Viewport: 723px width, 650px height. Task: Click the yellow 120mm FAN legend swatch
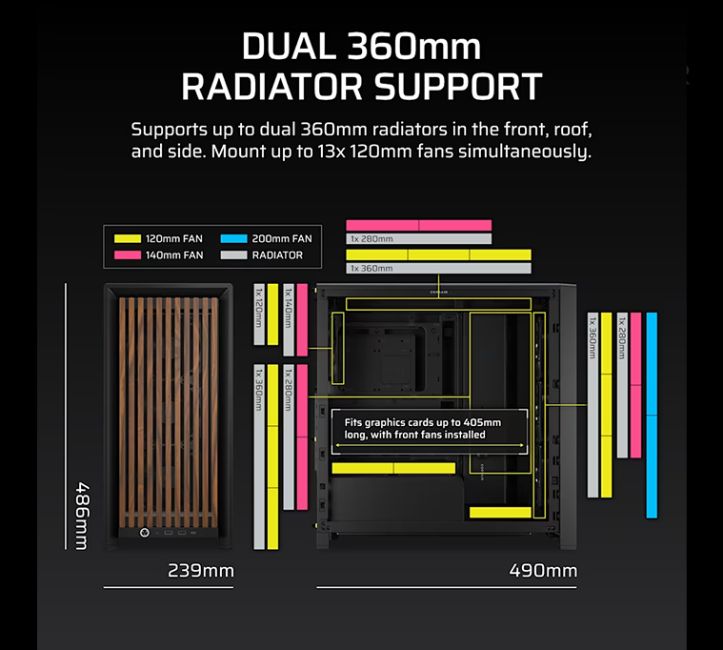128,238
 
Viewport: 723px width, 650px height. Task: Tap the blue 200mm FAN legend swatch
233,238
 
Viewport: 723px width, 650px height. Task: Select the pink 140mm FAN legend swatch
128,255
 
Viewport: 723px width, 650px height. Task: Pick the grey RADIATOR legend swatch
233,255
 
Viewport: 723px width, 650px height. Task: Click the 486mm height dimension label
83,517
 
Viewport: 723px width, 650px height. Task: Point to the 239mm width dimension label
201,571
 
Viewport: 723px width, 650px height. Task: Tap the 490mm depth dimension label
543,571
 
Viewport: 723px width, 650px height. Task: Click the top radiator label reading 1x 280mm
372,239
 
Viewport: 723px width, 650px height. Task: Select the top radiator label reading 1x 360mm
372,269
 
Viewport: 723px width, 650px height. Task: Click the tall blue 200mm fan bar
652,416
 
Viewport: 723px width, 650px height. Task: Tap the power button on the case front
145,533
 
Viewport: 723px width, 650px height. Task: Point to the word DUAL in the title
289,46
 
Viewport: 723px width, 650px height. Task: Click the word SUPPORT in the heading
458,87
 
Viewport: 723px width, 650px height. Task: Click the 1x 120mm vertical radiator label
259,308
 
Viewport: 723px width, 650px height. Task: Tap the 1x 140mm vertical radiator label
289,308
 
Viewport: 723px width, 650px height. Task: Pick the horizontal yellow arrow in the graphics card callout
430,446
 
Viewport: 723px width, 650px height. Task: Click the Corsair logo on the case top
438,292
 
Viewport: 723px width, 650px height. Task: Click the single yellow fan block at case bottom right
500,512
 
